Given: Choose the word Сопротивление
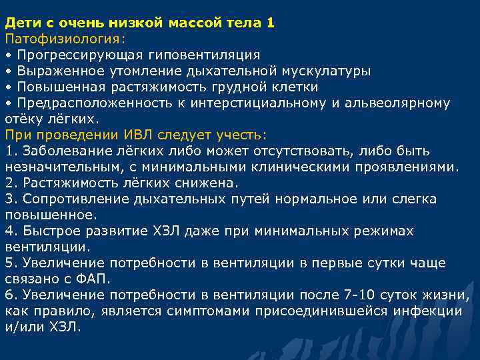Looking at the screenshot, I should coord(69,199).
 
